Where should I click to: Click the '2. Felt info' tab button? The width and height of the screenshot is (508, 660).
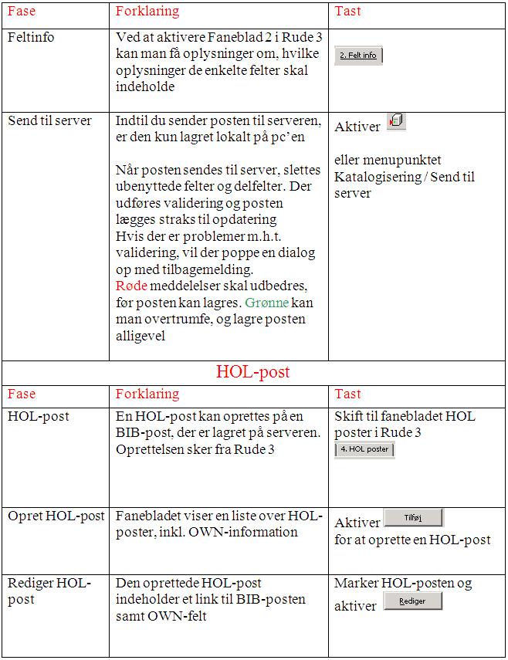click(358, 56)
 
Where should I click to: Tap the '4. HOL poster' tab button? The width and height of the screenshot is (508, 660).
click(364, 449)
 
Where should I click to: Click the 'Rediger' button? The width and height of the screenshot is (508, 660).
click(413, 601)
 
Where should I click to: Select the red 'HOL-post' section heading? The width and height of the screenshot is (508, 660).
click(253, 372)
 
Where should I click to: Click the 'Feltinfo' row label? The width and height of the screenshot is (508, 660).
click(31, 37)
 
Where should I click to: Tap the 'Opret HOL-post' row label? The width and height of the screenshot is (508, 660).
click(56, 516)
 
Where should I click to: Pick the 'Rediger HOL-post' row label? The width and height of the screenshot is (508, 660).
click(49, 591)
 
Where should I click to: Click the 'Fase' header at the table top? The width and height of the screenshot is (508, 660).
click(22, 12)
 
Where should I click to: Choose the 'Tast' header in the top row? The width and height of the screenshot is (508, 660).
click(347, 12)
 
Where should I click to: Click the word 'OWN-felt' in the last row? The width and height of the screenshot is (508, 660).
click(181, 615)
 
